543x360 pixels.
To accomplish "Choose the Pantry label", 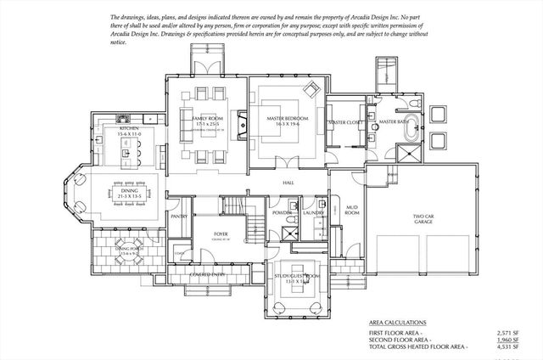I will tap(180, 217).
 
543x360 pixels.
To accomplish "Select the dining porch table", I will tap(127, 253).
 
